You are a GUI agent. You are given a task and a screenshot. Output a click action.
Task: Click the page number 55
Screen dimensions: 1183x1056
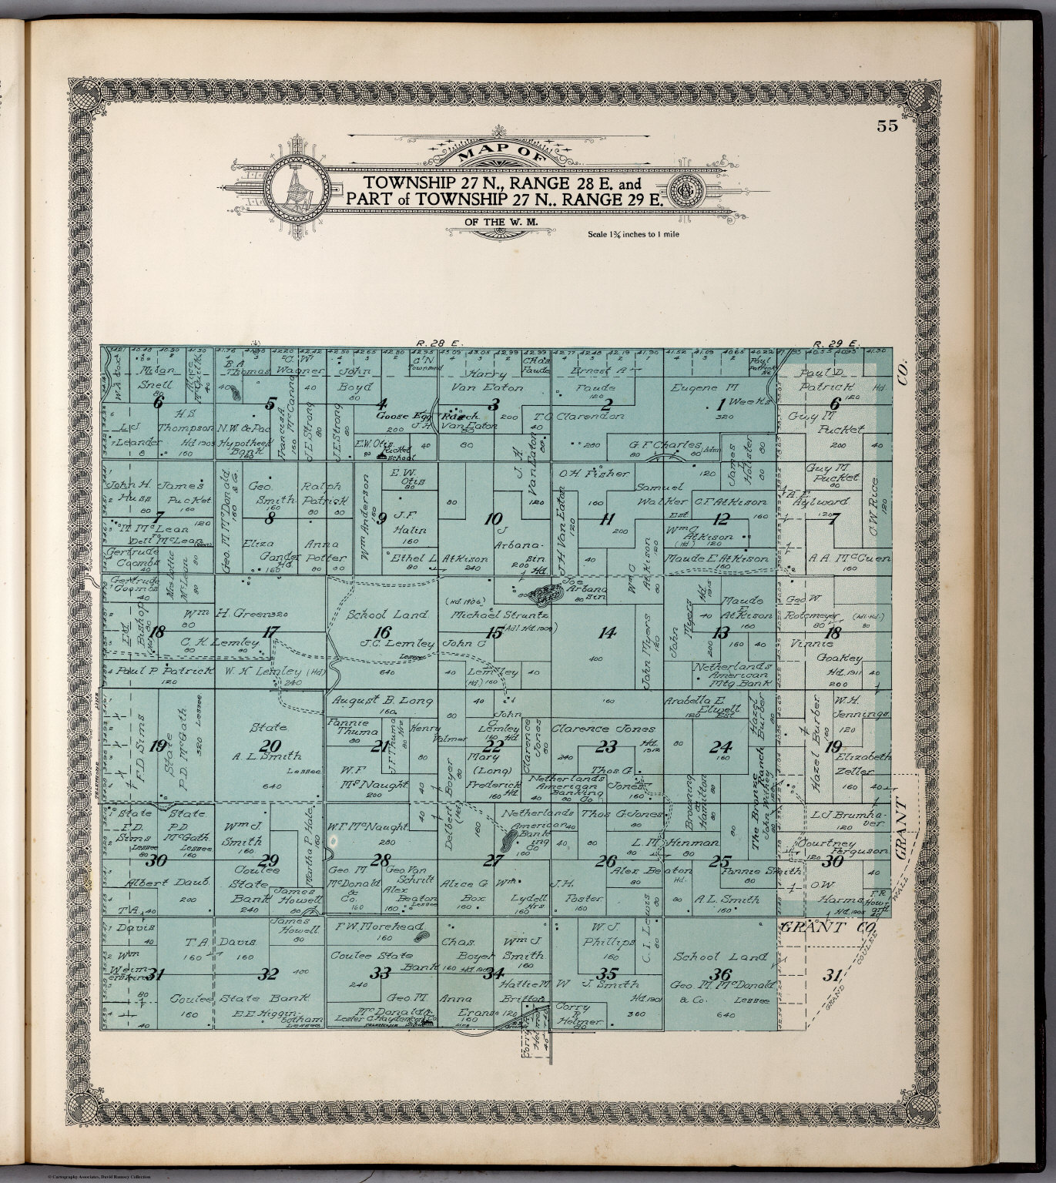click(x=887, y=127)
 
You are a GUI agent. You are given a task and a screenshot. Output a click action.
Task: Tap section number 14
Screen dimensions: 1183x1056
click(x=608, y=632)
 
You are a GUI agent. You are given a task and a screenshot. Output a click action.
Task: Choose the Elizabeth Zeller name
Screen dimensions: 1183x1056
click(x=860, y=762)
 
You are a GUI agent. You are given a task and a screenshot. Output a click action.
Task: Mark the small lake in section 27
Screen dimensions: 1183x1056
click(x=509, y=836)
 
